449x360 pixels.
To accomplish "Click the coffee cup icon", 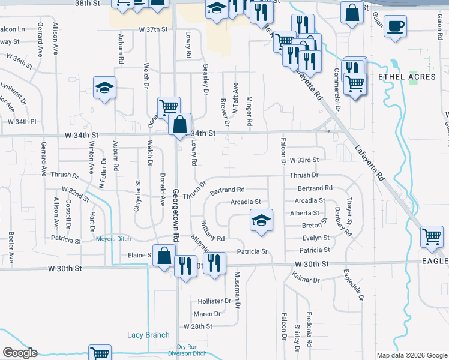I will (395, 27).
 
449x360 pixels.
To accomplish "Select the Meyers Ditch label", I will (113, 239).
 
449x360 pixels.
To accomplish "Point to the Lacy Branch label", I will (148, 335).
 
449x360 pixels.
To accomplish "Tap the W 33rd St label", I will (303, 160).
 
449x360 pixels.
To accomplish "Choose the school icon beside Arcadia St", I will (261, 220).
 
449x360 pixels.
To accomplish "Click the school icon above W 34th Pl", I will (104, 88).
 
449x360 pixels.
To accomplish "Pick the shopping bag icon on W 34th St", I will (180, 125).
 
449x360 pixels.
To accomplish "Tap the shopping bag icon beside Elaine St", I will (164, 256).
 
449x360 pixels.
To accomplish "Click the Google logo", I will (20, 353).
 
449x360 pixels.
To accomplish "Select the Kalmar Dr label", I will (306, 280).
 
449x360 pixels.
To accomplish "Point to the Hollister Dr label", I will (211, 301).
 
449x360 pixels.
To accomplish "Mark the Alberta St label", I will (305, 213).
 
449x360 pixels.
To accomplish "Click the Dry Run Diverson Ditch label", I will (192, 350).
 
